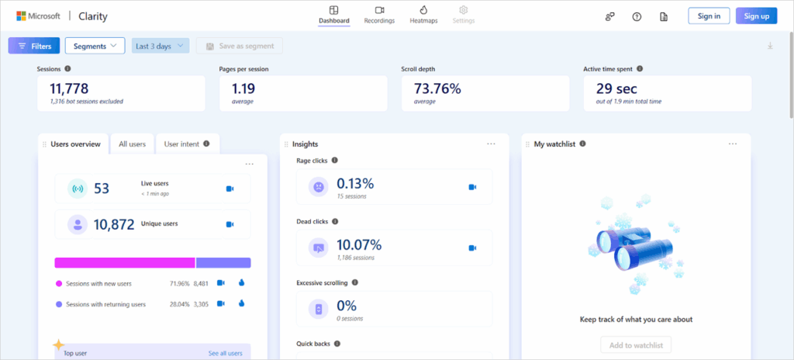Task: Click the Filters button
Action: (x=34, y=46)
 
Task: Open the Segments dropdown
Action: (x=95, y=46)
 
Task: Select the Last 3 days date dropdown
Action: (x=161, y=46)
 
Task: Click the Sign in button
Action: (x=709, y=16)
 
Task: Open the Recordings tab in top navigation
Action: (x=379, y=15)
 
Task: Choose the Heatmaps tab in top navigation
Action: (x=423, y=15)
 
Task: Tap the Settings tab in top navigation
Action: (x=463, y=15)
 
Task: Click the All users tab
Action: (x=132, y=144)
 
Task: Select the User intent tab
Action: (x=187, y=144)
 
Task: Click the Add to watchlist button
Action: (x=636, y=344)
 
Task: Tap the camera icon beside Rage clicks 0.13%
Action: (x=472, y=186)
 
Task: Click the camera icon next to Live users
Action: (x=230, y=188)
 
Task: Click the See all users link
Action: (x=225, y=353)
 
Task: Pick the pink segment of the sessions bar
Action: (x=124, y=262)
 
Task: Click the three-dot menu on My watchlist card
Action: (x=733, y=144)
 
